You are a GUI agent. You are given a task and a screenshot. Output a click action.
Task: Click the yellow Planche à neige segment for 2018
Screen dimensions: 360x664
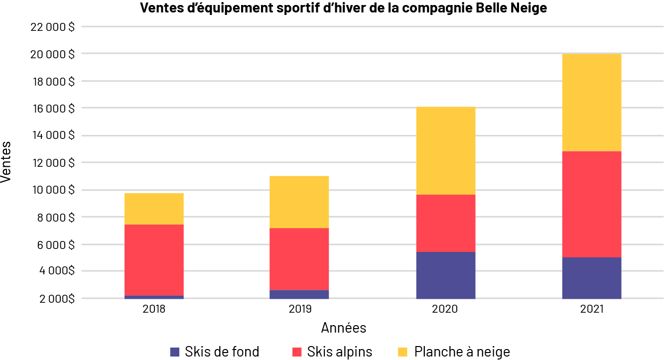(154, 209)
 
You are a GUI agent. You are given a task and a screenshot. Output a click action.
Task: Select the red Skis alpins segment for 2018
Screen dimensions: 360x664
(154, 260)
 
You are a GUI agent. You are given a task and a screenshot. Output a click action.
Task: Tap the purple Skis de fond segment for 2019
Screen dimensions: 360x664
(299, 294)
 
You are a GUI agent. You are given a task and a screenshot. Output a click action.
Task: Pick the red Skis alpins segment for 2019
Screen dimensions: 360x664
(299, 259)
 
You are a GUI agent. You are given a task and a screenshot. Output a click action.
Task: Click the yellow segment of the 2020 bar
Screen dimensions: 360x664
(446, 150)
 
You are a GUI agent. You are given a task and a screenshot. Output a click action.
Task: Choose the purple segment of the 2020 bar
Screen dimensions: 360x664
(446, 275)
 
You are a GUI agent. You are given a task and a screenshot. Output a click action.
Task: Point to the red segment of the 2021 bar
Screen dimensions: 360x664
(592, 204)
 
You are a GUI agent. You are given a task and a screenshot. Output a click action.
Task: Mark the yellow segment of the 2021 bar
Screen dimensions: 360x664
(592, 102)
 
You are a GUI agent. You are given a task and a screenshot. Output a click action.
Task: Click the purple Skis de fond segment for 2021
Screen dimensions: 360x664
(592, 278)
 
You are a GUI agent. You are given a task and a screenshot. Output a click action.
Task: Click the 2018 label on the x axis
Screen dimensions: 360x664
(154, 309)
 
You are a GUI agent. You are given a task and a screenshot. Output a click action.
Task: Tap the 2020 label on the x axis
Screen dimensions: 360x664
(446, 309)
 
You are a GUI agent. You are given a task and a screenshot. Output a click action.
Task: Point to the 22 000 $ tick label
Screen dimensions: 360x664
(52, 27)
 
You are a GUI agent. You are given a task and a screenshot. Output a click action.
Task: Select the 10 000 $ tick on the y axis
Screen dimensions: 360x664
(52, 190)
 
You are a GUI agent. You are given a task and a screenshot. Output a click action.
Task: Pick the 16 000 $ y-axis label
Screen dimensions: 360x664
(52, 109)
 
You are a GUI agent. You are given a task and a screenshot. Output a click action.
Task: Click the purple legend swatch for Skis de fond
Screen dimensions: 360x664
(174, 352)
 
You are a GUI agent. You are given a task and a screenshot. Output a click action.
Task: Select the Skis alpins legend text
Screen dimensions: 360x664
(340, 352)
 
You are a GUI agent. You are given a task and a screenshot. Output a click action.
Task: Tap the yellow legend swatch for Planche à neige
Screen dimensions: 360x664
(404, 352)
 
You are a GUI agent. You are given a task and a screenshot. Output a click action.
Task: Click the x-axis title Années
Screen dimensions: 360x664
(344, 328)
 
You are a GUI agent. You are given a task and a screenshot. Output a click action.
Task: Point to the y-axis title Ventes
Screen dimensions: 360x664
(7, 162)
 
